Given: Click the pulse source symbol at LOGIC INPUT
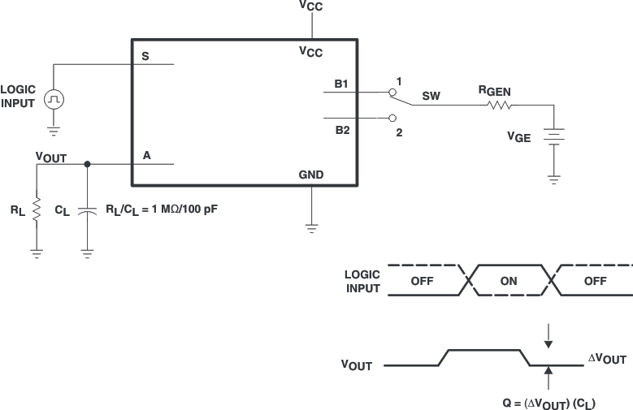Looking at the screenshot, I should point(54,99).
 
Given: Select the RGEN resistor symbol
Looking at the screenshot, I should point(498,105).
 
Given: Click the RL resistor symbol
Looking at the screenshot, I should point(37,208).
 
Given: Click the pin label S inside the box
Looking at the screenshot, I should point(145,56).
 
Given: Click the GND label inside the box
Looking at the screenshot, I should point(311,175).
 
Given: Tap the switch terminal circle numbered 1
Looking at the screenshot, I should point(392,93).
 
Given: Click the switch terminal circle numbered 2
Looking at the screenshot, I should point(392,117).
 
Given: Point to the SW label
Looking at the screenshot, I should point(431,97).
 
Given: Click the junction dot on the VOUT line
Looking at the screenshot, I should point(88,164).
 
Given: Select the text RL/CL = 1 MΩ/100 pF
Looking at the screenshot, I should point(162,209).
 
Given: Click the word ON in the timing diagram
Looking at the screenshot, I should point(509,281).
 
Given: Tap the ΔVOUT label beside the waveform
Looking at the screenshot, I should point(607,359).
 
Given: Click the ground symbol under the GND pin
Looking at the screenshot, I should point(311,228).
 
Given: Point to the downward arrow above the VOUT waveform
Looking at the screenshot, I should point(548,334).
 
